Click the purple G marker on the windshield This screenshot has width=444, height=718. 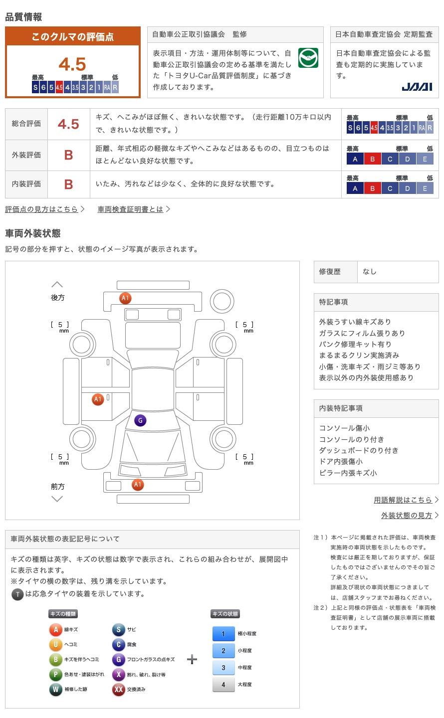(x=140, y=420)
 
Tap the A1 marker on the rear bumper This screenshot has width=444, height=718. (x=125, y=298)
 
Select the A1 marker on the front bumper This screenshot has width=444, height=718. (x=138, y=484)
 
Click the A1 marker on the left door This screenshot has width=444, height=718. (x=98, y=399)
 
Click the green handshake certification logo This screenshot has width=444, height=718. (x=308, y=58)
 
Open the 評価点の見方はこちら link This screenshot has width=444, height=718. (x=42, y=209)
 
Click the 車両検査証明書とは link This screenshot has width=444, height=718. (x=131, y=209)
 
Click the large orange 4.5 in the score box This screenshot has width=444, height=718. (x=72, y=64)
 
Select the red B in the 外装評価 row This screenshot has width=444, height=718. (x=68, y=155)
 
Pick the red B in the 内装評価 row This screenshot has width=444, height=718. (x=68, y=184)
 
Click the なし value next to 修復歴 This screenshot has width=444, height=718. (x=370, y=272)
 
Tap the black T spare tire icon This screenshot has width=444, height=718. (x=17, y=594)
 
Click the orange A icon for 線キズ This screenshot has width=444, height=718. (x=55, y=630)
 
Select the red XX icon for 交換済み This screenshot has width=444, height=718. (x=118, y=690)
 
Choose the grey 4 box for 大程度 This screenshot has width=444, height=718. (x=223, y=685)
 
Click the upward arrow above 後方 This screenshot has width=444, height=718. (x=57, y=285)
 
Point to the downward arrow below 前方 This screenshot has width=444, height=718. (x=57, y=499)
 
